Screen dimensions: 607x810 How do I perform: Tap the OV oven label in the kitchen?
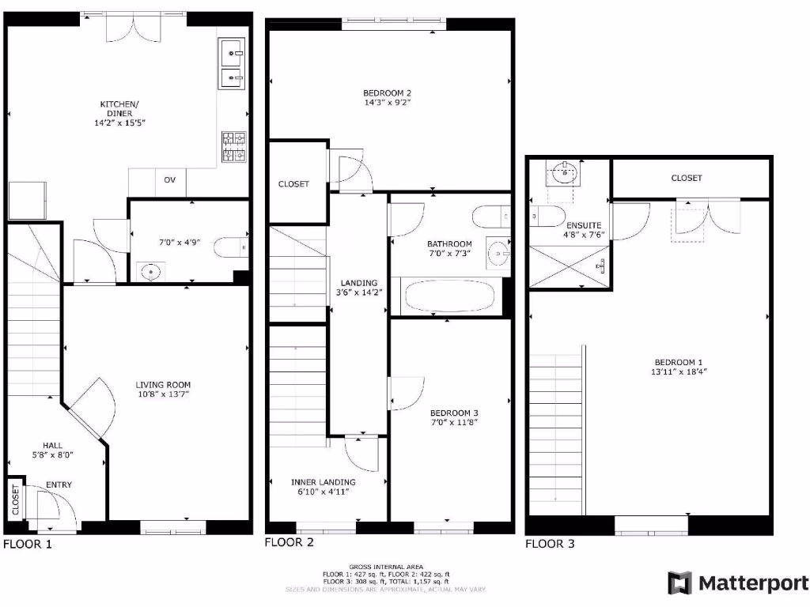coord(169,180)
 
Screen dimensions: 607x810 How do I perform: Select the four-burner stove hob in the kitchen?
coord(234,146)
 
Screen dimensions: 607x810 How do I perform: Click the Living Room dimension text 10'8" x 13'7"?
coord(163,394)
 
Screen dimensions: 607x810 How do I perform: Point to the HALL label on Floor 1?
coord(53,446)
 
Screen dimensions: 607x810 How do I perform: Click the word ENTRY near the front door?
coord(59,484)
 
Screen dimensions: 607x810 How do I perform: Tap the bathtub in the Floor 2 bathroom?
coord(449,297)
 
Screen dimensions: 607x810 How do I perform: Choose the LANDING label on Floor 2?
coord(358,283)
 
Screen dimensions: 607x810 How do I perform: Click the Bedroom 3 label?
coord(454,413)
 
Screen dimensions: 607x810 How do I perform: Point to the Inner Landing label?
coord(323,482)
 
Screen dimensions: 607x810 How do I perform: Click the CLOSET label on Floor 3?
coord(687,179)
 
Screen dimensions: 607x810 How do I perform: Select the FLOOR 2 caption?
coord(289,542)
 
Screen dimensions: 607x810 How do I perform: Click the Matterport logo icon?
coord(679,583)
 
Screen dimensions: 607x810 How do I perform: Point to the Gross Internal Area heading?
coord(386,567)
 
